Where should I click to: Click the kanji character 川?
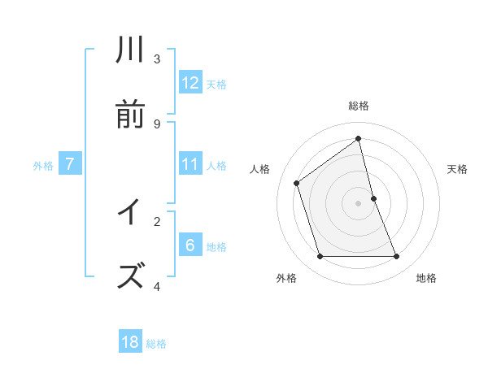pyautogui.click(x=131, y=50)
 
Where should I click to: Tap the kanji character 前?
pyautogui.click(x=131, y=115)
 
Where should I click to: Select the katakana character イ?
pyautogui.click(x=131, y=212)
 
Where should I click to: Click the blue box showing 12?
pyautogui.click(x=190, y=83)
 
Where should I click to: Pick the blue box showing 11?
pyautogui.click(x=190, y=164)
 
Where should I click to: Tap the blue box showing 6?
pyautogui.click(x=190, y=245)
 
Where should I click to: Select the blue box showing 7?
pyautogui.click(x=70, y=164)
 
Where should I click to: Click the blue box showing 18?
pyautogui.click(x=130, y=342)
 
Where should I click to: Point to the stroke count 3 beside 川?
pyautogui.click(x=157, y=59)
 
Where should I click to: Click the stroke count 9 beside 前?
pyautogui.click(x=157, y=124)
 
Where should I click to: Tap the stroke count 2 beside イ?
pyautogui.click(x=157, y=220)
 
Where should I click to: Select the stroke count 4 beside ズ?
pyautogui.click(x=157, y=285)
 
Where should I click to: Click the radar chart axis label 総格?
pyautogui.click(x=359, y=106)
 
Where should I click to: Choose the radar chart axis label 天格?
pyautogui.click(x=458, y=169)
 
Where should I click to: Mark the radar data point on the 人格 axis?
pyautogui.click(x=297, y=183)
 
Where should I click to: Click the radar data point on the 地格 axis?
pyautogui.click(x=397, y=257)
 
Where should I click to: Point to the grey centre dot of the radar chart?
pyautogui.click(x=359, y=203)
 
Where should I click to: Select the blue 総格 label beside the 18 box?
pyautogui.click(x=156, y=344)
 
